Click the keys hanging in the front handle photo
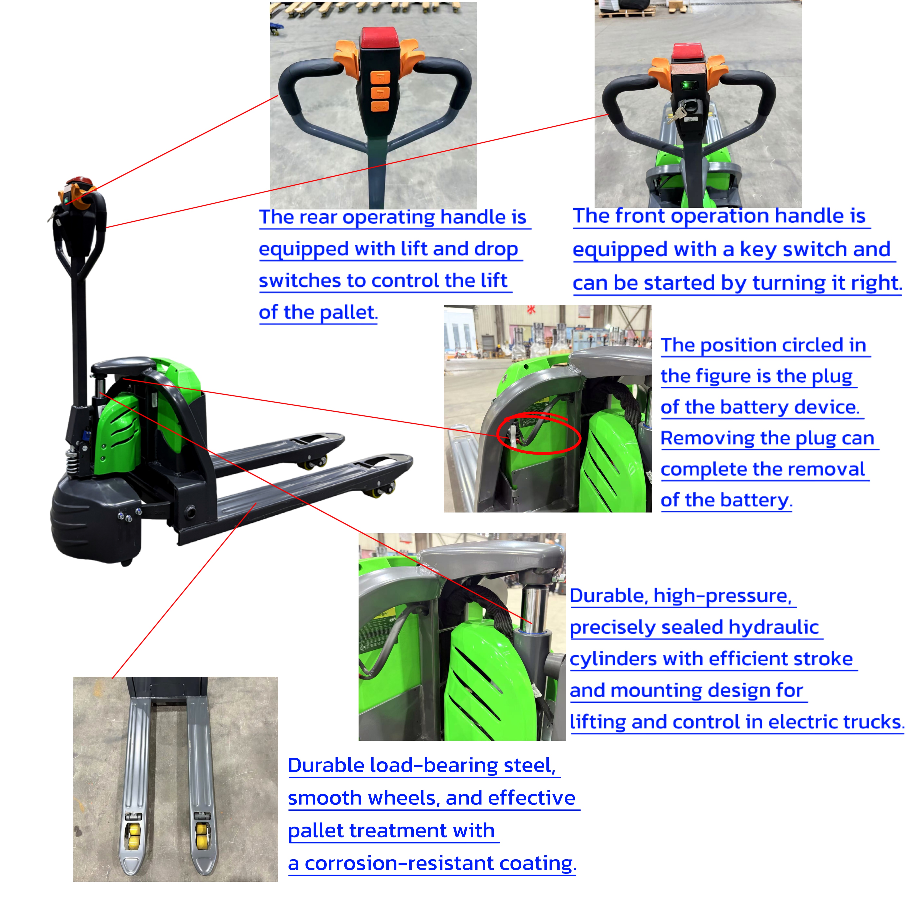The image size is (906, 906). coord(678,113)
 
